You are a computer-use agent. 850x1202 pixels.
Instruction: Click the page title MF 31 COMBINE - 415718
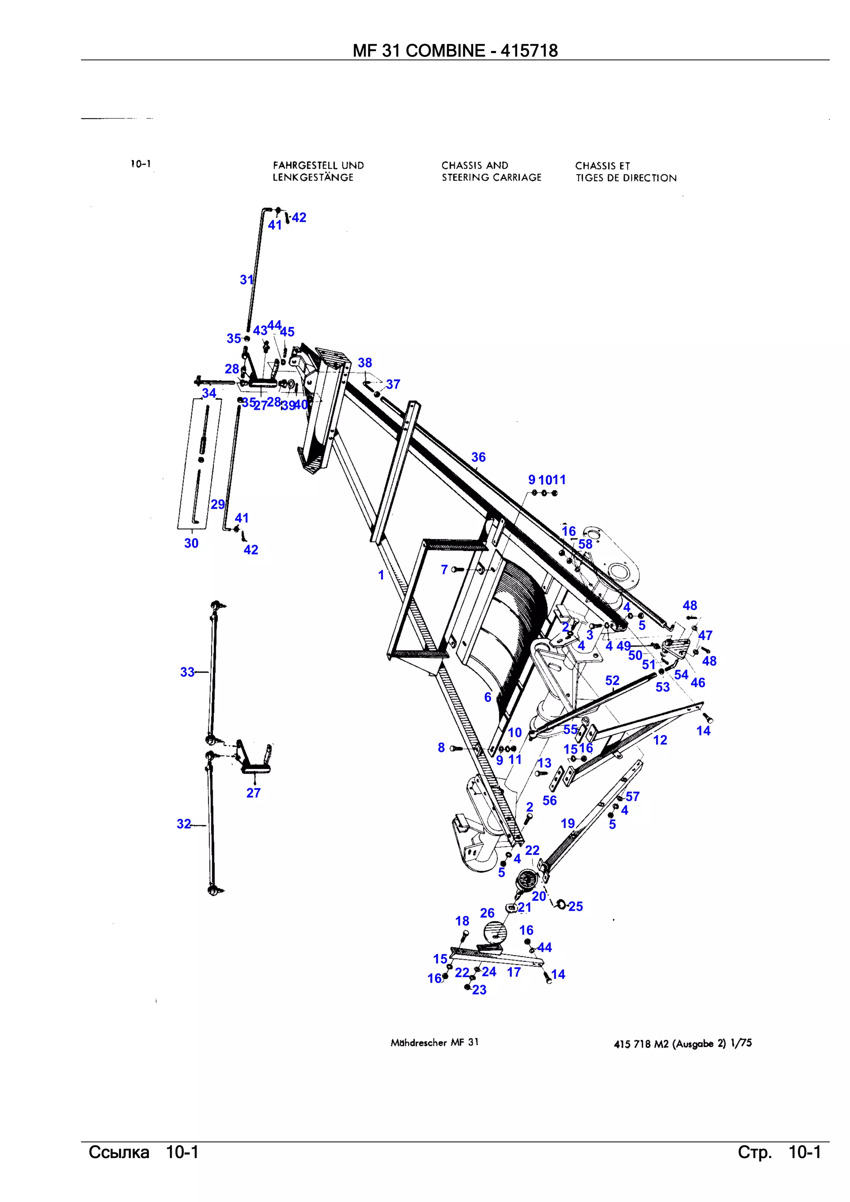(x=454, y=51)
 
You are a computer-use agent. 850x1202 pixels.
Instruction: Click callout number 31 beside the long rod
(x=247, y=280)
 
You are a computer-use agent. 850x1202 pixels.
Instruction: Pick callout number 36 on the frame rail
(x=478, y=457)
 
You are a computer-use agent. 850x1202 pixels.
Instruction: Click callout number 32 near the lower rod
(x=184, y=824)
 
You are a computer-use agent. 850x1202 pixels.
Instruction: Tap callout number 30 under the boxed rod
(x=191, y=543)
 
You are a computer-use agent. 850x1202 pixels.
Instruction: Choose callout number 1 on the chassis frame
(x=381, y=575)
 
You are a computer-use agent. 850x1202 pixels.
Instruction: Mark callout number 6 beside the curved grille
(x=488, y=697)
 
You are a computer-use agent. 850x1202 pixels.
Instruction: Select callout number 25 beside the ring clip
(x=576, y=906)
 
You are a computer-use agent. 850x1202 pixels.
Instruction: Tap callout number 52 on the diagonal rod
(x=612, y=681)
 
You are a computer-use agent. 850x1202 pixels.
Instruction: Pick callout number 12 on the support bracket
(x=660, y=740)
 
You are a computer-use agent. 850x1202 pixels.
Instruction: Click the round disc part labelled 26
(x=496, y=932)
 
